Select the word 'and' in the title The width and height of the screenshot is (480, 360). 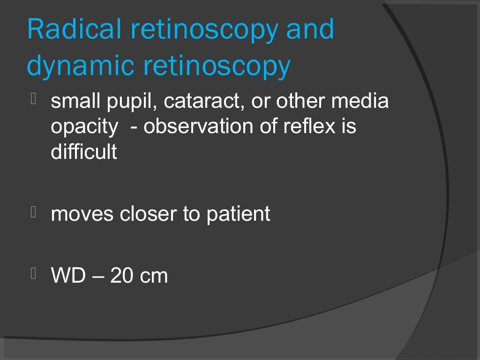coord(310,29)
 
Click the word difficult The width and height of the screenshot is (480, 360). coord(84,152)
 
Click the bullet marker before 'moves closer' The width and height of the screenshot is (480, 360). coord(33,212)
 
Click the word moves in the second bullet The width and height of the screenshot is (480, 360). coord(82,214)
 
